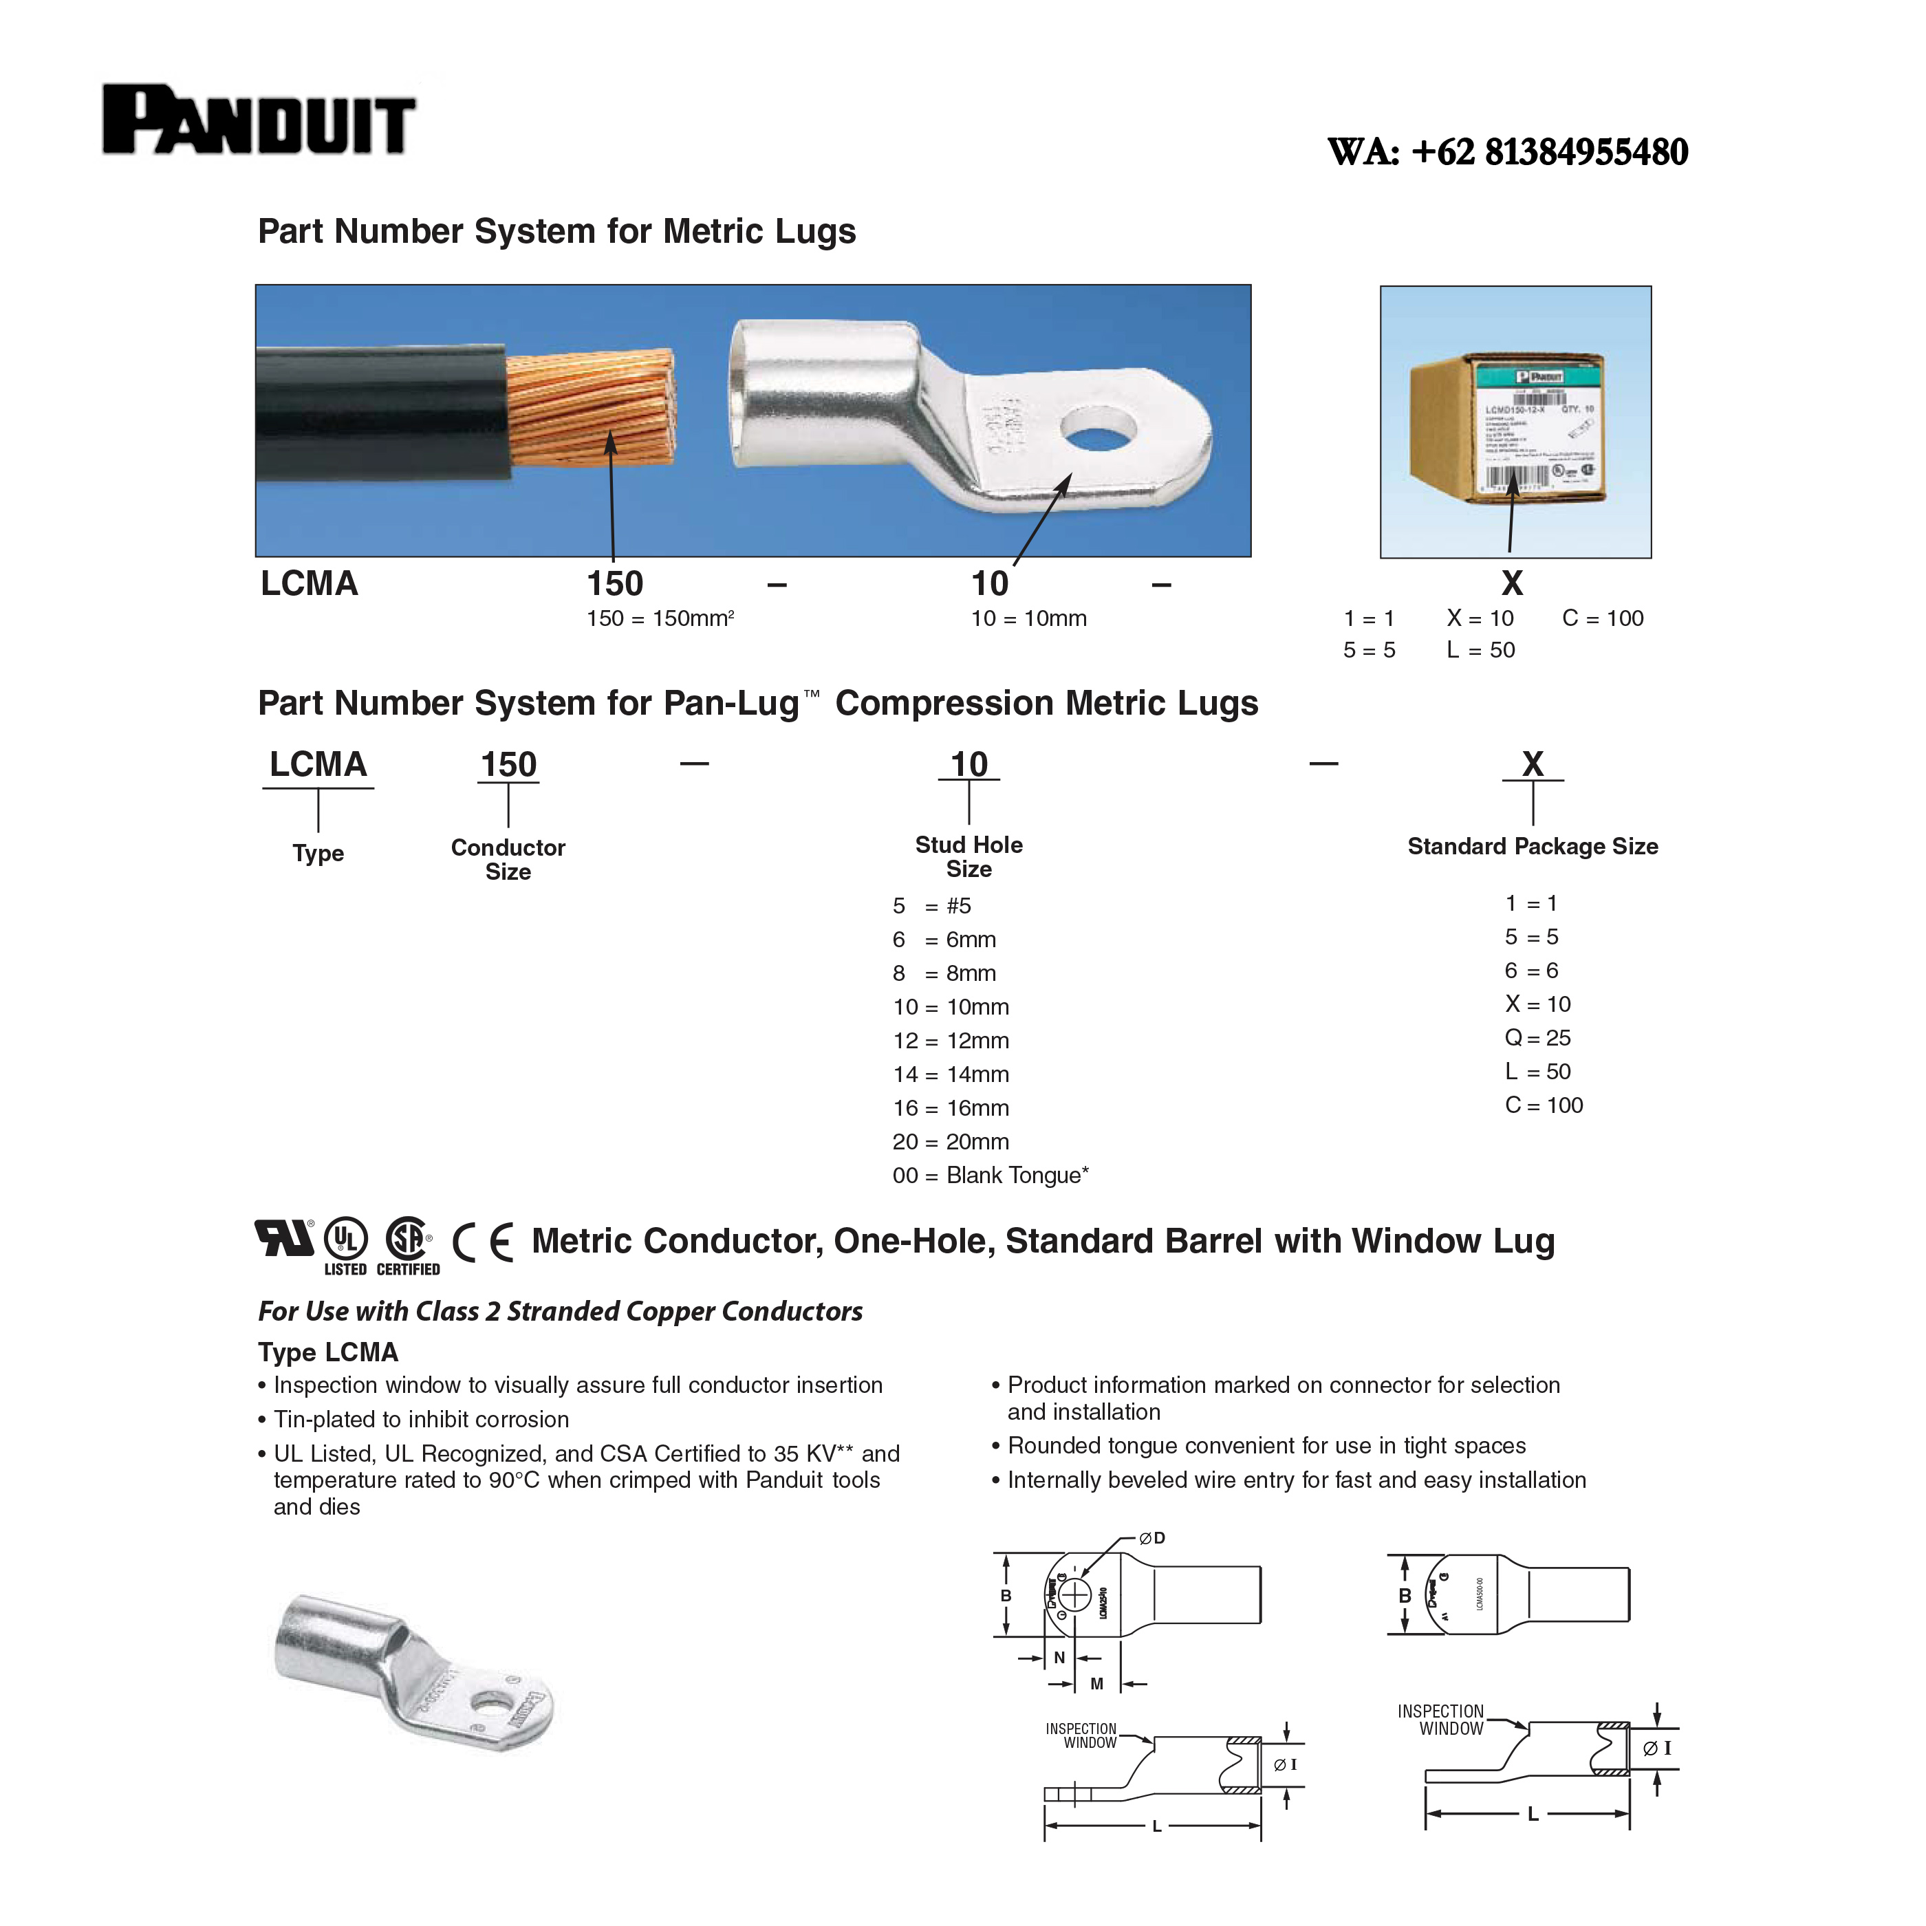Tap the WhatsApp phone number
coord(1506,151)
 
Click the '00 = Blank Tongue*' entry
coord(990,1176)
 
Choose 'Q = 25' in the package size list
coord(1537,1038)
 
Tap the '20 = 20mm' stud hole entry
coord(950,1141)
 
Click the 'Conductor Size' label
coord(508,858)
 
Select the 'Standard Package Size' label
coord(1533,846)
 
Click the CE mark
coord(484,1242)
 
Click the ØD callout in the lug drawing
coord(1151,1538)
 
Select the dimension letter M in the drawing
coord(1096,1684)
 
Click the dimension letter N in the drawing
coord(1060,1658)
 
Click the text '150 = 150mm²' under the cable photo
coord(660,618)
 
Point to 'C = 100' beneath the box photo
coord(1602,618)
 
